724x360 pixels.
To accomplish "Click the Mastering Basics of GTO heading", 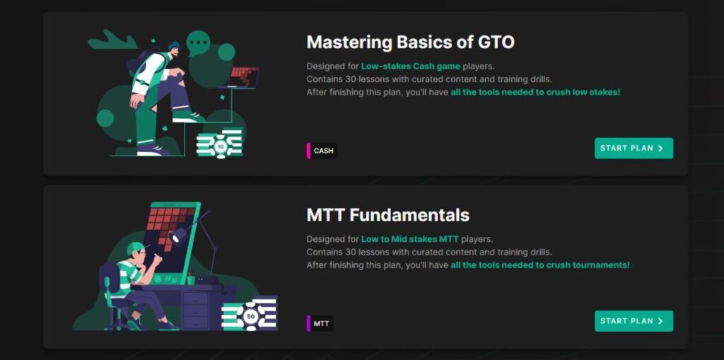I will (x=410, y=42).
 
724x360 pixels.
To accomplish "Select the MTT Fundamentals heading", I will (x=387, y=214).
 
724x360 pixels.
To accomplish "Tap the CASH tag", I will (x=323, y=151).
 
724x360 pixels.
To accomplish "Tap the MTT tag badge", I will (x=321, y=323).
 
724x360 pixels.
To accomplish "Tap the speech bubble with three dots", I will (x=198, y=43).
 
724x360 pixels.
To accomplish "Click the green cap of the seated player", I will (x=135, y=248).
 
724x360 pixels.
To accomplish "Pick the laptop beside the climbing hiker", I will (x=243, y=77).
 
